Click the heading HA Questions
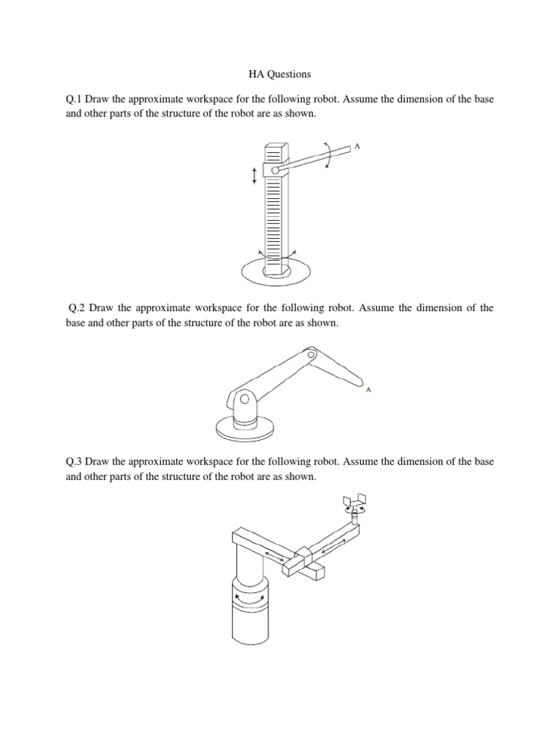click(x=280, y=74)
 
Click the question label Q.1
click(x=74, y=98)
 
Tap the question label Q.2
click(x=78, y=308)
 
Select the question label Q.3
click(x=74, y=462)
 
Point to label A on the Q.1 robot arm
click(x=357, y=146)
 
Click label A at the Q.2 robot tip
click(x=368, y=390)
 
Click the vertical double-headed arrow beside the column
click(x=254, y=175)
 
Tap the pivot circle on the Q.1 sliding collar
click(x=276, y=171)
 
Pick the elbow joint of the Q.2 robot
click(x=311, y=356)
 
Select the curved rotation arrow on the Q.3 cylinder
click(x=248, y=597)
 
